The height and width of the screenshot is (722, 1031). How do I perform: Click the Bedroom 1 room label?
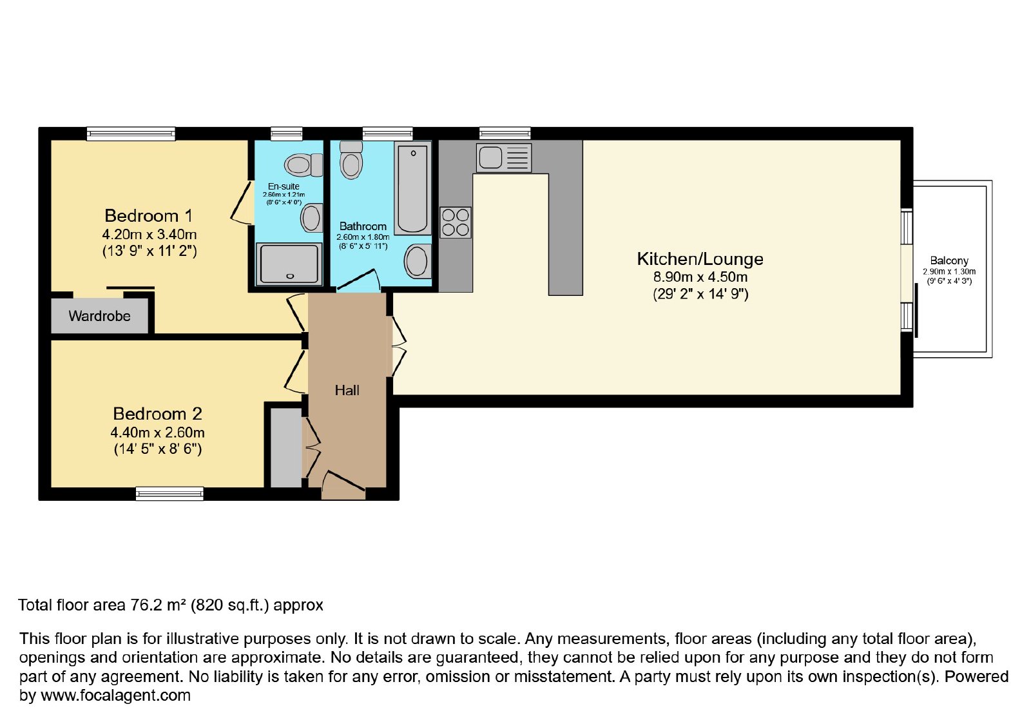point(148,215)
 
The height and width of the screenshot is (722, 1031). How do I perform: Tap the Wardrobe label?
point(99,316)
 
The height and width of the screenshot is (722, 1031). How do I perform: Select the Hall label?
point(347,391)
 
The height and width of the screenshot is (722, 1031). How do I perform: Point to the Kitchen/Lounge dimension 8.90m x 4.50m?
point(700,277)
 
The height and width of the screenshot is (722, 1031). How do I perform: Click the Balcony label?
point(949,260)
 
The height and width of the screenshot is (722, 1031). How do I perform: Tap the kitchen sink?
point(503,157)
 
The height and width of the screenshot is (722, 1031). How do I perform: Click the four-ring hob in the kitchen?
point(455,222)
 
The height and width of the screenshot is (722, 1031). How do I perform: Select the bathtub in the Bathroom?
point(412,188)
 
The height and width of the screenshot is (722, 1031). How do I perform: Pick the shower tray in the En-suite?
point(289,264)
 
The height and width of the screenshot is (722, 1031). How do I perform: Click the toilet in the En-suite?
point(304,165)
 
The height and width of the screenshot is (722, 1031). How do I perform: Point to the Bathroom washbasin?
point(418,261)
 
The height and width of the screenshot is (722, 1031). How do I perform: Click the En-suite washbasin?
point(312,218)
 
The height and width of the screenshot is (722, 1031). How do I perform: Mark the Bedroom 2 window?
point(169,494)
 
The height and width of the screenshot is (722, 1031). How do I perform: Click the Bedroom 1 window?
point(131,133)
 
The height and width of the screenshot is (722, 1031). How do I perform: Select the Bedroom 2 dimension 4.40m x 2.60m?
point(157,433)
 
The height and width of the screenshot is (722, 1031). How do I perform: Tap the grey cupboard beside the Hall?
point(286,447)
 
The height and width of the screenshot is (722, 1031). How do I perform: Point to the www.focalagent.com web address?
point(115,696)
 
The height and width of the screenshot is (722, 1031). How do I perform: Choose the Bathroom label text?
point(363,226)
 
